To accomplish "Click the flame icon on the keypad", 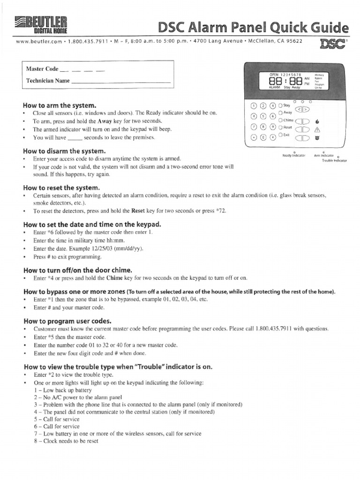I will click(x=317, y=121).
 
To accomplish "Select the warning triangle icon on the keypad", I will click(x=317, y=129).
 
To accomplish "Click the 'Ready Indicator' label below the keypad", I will click(x=293, y=155).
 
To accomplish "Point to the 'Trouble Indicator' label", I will click(x=334, y=160).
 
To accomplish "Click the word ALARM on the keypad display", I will click(x=274, y=87).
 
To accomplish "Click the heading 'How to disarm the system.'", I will click(x=64, y=151).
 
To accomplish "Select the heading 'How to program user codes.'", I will click(x=67, y=321).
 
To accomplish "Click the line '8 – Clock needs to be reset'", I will click(x=66, y=441).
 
